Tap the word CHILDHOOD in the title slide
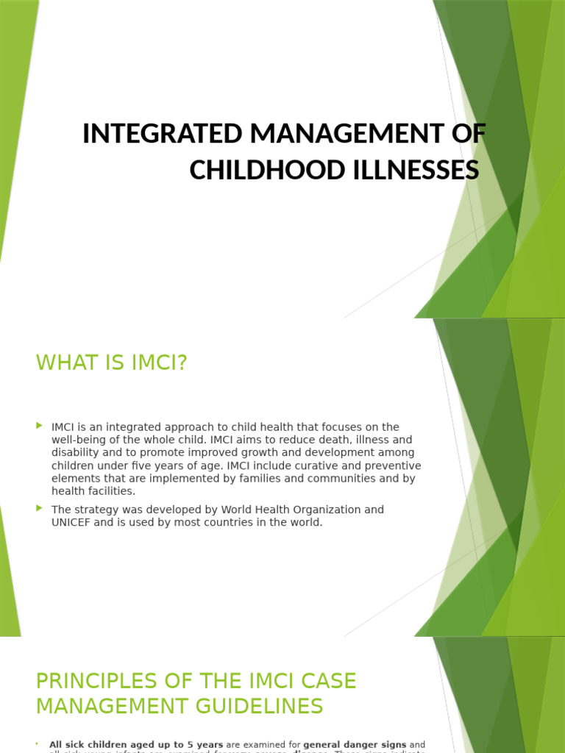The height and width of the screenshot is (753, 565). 246,170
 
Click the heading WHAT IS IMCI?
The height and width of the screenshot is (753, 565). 112,363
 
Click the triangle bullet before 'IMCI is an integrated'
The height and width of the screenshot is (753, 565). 40,426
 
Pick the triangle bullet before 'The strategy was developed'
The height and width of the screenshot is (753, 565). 40,508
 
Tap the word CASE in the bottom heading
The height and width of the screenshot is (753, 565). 329,682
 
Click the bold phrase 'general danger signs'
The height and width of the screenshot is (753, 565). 355,745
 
